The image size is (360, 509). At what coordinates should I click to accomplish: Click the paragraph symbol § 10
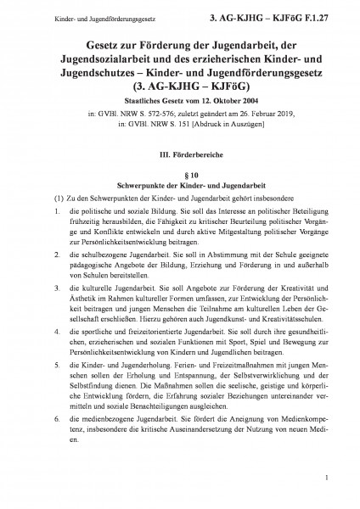coord(179,172)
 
